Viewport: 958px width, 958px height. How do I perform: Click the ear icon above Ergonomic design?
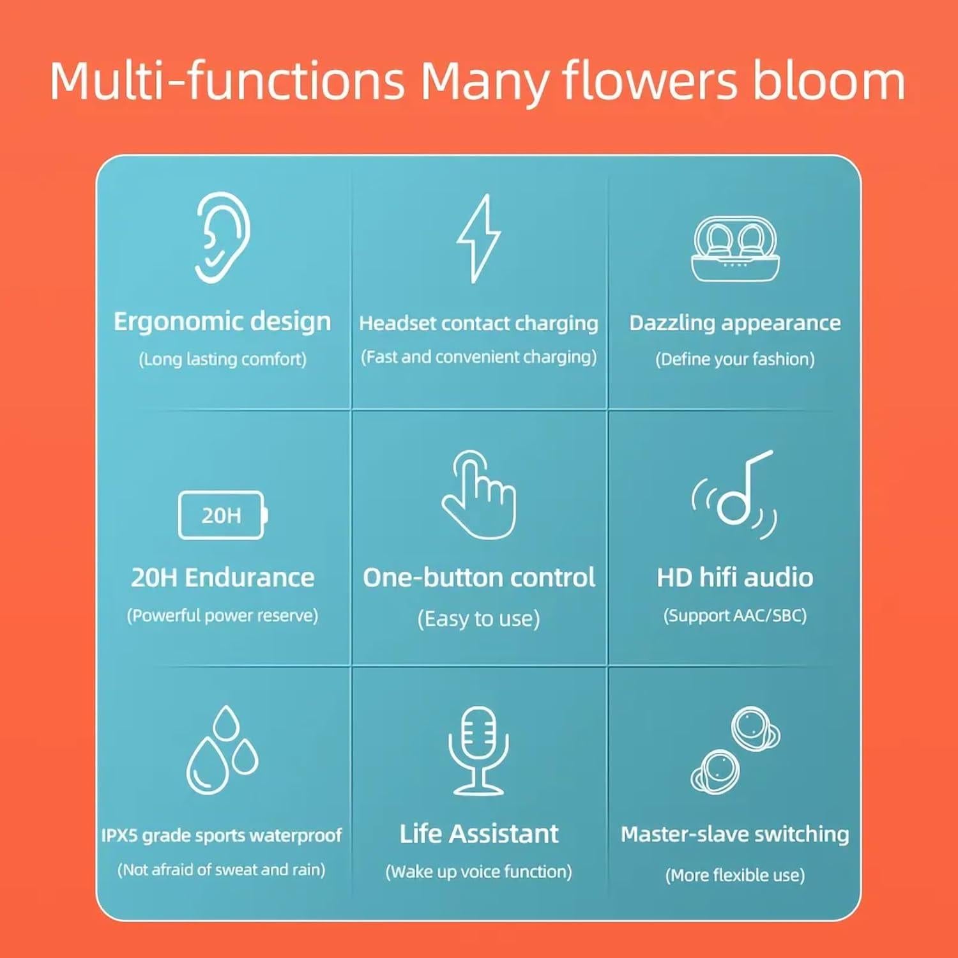click(222, 237)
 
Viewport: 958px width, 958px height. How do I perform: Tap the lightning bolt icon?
click(478, 238)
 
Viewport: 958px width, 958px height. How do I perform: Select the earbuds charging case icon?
click(735, 249)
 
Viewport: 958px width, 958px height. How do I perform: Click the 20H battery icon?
click(222, 515)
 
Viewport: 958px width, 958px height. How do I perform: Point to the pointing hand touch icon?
click(479, 495)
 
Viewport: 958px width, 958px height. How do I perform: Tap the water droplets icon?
click(222, 750)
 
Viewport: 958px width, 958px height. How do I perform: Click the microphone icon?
click(478, 750)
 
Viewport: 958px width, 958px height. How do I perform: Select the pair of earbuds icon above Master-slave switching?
click(735, 750)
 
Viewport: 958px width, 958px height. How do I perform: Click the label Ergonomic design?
click(222, 322)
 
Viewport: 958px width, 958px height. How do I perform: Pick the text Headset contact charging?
click(478, 323)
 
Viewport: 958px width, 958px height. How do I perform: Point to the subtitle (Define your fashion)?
click(735, 359)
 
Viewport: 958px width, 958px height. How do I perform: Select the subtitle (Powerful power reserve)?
click(222, 616)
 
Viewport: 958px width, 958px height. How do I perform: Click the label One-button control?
click(479, 577)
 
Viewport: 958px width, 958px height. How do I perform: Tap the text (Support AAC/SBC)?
click(735, 616)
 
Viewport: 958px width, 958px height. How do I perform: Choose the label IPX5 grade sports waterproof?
click(222, 835)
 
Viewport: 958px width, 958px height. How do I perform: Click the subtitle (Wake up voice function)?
click(478, 872)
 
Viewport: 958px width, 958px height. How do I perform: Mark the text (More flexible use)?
click(735, 875)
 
